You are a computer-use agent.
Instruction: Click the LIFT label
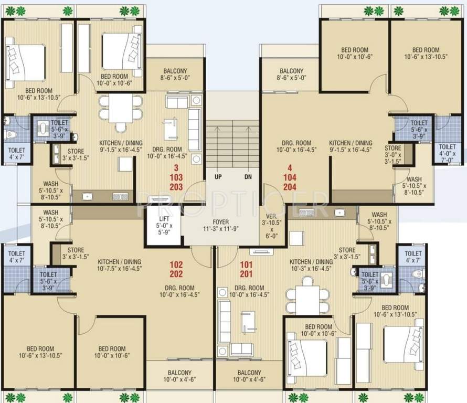coord(164,219)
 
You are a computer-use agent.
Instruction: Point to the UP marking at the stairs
coord(217,177)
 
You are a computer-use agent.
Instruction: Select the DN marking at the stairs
coord(248,177)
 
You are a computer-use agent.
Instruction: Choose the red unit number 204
coord(290,187)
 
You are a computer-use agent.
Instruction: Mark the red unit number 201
coord(247,274)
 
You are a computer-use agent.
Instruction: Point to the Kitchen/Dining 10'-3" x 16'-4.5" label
coord(311,266)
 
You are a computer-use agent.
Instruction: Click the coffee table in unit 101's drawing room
coord(248,321)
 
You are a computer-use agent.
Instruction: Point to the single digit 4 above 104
coord(290,168)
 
